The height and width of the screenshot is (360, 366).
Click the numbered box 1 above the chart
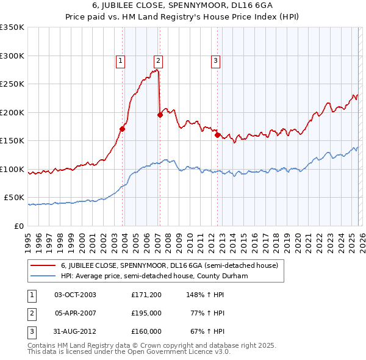[x=121, y=60]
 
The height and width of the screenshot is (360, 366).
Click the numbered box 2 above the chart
[x=158, y=60]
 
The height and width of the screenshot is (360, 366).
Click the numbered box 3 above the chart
[x=216, y=60]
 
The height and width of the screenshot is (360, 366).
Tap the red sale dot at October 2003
[x=123, y=129]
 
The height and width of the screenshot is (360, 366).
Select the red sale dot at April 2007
[x=160, y=114]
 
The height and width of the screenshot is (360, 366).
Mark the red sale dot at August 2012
[x=218, y=135]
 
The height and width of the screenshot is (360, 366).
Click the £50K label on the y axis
[x=14, y=198]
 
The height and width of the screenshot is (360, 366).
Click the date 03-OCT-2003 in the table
[x=75, y=295]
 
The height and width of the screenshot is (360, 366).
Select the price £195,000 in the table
[x=146, y=313]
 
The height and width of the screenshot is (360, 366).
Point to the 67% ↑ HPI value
[x=206, y=331]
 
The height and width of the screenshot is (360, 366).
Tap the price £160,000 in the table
[x=146, y=331]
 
